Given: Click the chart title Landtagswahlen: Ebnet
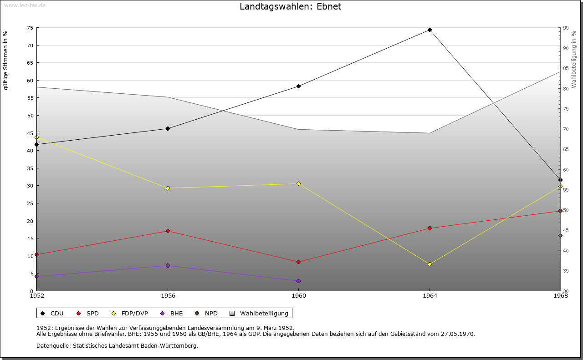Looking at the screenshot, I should pos(290,7).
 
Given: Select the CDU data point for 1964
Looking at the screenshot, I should pos(430,30).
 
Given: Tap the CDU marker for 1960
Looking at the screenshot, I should pos(298,86).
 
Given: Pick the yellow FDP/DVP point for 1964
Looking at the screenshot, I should pos(430,264).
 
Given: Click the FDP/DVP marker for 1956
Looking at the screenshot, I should pos(168,188).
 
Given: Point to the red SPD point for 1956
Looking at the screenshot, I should pos(168,231).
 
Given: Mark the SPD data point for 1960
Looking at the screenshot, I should pos(298,262).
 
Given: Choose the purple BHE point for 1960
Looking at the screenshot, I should pos(298,281).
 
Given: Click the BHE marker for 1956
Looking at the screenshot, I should pos(168,265).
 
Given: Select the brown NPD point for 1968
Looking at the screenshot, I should pos(560,235).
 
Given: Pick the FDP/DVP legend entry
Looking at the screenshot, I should pos(130,313).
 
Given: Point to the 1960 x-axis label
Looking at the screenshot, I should pos(298,296).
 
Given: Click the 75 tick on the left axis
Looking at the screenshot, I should pos(30,28).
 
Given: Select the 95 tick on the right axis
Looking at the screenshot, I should pos(565,28).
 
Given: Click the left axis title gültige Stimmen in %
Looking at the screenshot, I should pos(6,60).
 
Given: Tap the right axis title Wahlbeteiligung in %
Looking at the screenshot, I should pos(574,60).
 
